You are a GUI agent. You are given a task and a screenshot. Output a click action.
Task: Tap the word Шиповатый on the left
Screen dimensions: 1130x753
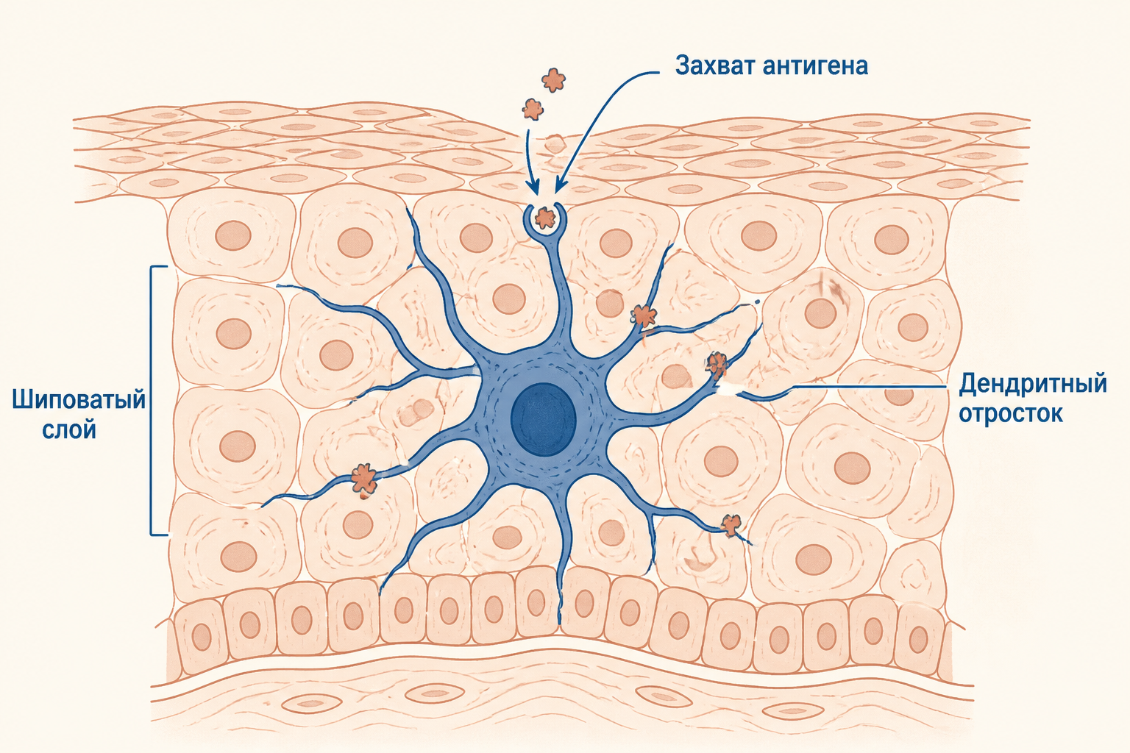(79, 401)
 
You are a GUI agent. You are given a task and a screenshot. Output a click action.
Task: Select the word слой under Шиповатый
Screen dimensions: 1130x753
(69, 430)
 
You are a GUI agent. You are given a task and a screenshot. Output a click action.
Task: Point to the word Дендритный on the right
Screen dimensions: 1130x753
(1033, 385)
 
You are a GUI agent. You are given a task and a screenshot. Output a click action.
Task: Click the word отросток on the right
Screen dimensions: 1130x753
(1011, 413)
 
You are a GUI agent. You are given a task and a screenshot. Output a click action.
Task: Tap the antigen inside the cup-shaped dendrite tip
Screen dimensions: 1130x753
(545, 218)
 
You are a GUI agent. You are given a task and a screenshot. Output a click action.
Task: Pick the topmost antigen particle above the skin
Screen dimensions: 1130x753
(553, 80)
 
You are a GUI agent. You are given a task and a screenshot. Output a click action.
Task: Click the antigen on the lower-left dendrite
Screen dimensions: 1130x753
(363, 479)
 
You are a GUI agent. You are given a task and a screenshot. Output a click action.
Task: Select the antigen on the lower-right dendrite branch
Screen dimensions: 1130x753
(731, 525)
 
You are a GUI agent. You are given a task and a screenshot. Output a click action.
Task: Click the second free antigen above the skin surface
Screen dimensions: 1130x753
(533, 109)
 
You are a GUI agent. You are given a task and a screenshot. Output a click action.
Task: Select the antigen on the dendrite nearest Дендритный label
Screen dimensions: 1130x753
(717, 364)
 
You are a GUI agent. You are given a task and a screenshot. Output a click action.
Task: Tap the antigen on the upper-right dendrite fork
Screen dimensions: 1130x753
(643, 315)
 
